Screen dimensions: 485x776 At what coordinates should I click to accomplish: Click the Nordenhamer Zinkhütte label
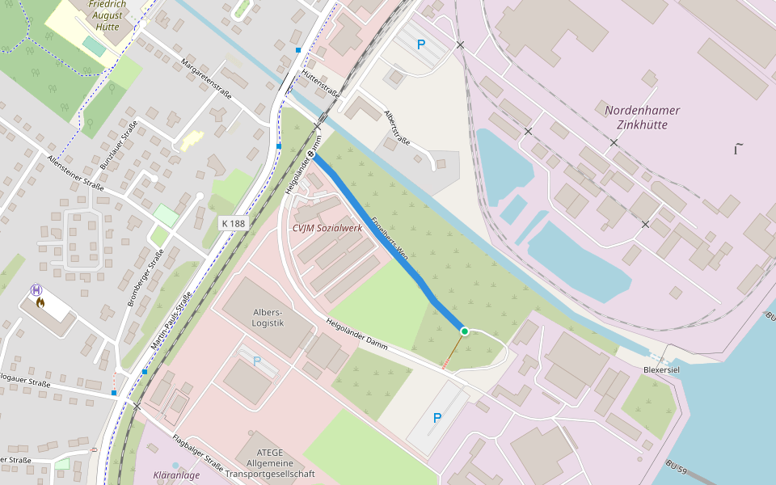pos(642,117)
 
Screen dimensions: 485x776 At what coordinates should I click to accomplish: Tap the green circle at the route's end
pos(464,331)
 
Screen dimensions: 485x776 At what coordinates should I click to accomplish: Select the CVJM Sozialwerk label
pos(327,228)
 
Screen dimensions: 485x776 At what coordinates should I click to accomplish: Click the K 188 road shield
pos(232,222)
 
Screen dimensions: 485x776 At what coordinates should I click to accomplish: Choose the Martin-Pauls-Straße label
pos(171,323)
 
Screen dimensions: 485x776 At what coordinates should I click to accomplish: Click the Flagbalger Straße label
pos(197,452)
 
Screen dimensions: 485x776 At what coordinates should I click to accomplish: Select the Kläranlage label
pos(175,475)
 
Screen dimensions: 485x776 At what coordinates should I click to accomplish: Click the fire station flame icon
pos(40,303)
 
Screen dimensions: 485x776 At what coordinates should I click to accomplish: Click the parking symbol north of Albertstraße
pos(420,44)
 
